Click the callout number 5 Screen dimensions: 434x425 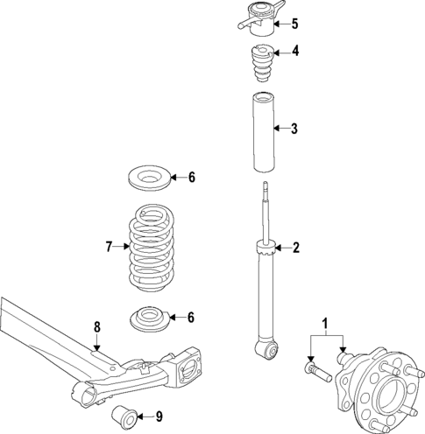click(295, 24)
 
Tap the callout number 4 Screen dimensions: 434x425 click(295, 51)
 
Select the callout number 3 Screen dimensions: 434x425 click(295, 129)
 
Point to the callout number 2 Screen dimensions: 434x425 click(295, 248)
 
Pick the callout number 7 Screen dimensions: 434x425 click(110, 248)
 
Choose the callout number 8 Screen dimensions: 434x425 click(97, 326)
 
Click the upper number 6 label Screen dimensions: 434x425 click(191, 178)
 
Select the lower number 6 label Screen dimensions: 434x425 click(191, 317)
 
